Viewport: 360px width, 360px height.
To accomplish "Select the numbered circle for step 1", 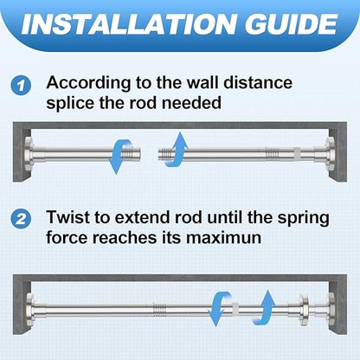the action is (21, 86).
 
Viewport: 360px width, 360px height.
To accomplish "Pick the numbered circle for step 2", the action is (21, 219).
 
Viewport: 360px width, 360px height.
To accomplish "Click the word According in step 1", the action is (88, 84).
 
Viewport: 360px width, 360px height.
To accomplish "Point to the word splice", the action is (70, 103).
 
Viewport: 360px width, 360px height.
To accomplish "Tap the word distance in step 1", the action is (258, 83).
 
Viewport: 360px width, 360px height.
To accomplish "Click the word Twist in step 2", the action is (66, 217).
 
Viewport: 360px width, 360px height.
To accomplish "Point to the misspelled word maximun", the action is (223, 238).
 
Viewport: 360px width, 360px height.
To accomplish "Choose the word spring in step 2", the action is (303, 219).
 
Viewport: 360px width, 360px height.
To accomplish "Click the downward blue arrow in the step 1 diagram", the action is (120, 156).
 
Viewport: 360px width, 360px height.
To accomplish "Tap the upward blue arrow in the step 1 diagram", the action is (176, 150).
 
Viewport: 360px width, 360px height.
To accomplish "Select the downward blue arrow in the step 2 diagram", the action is (220, 309).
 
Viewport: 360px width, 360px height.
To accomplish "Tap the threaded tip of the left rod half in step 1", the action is (132, 155).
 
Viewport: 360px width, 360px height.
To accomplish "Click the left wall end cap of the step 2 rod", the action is (30, 309).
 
